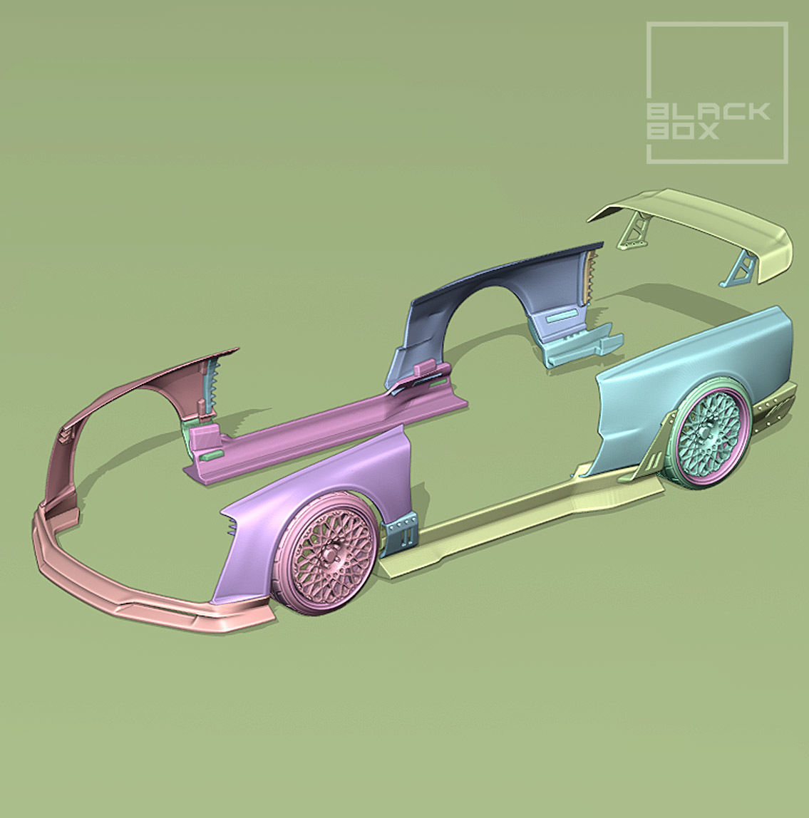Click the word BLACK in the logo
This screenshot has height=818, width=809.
pyautogui.click(x=708, y=111)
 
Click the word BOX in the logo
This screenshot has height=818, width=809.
pyautogui.click(x=683, y=132)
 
